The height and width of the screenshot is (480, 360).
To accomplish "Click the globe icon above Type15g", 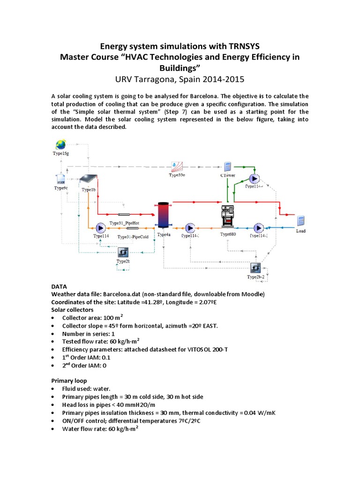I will [x=60, y=144].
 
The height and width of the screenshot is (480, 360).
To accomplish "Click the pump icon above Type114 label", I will [x=101, y=228].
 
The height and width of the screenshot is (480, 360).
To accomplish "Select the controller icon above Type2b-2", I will [x=256, y=269].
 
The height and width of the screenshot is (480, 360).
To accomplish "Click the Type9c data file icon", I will [x=60, y=179].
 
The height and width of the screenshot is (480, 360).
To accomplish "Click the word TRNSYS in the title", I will [x=240, y=46].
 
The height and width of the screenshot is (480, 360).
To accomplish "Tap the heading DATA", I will [x=59, y=286].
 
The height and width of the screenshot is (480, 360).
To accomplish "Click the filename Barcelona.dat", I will [x=120, y=294].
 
